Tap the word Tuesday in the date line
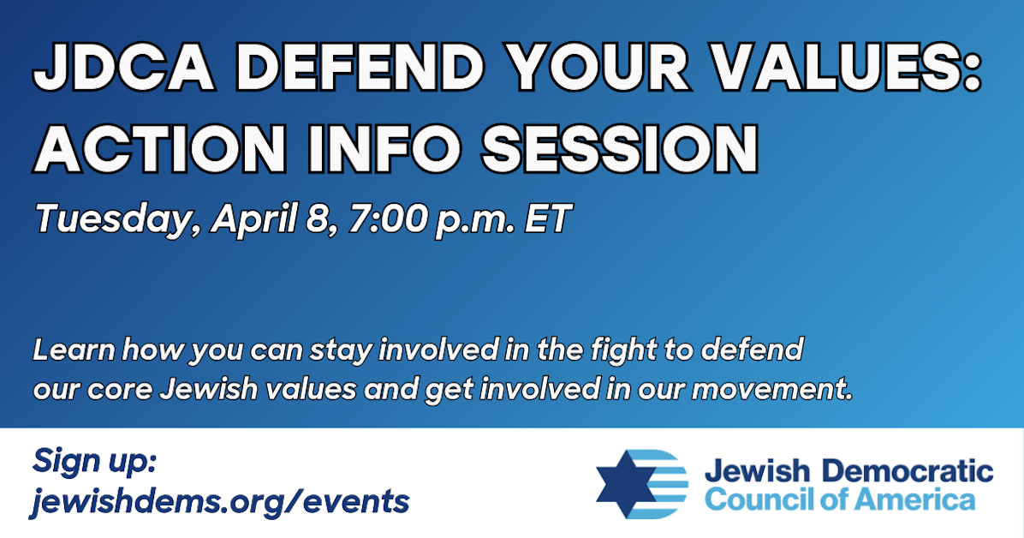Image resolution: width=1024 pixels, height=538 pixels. (109, 219)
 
